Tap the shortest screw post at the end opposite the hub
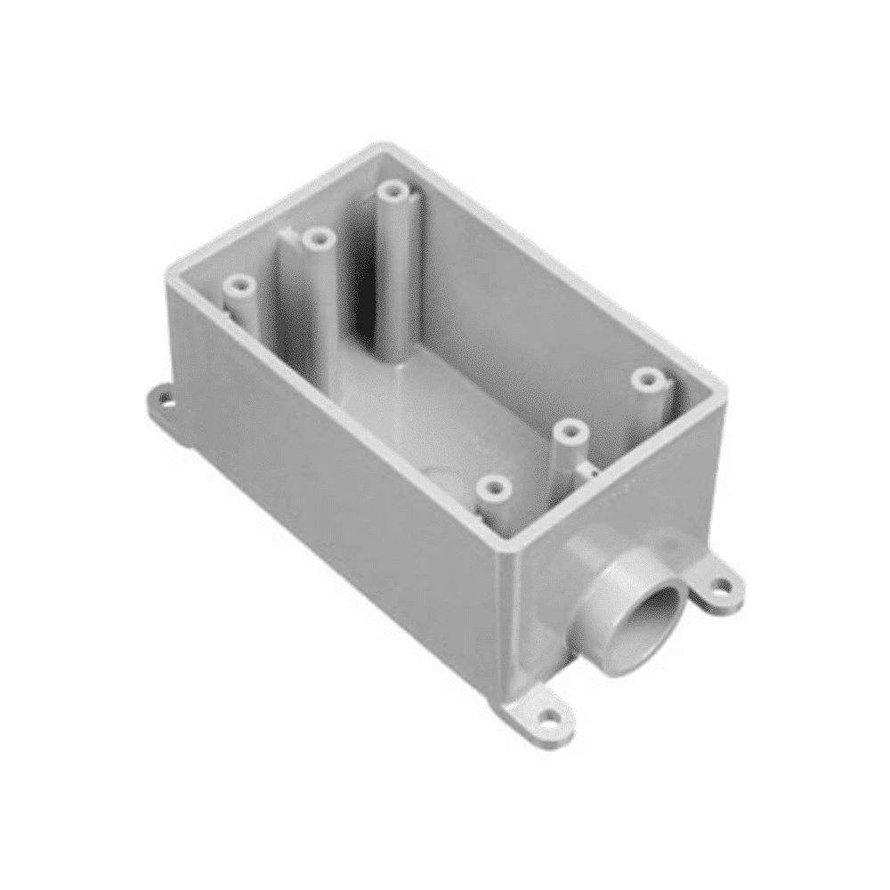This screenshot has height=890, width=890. [x=239, y=287]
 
